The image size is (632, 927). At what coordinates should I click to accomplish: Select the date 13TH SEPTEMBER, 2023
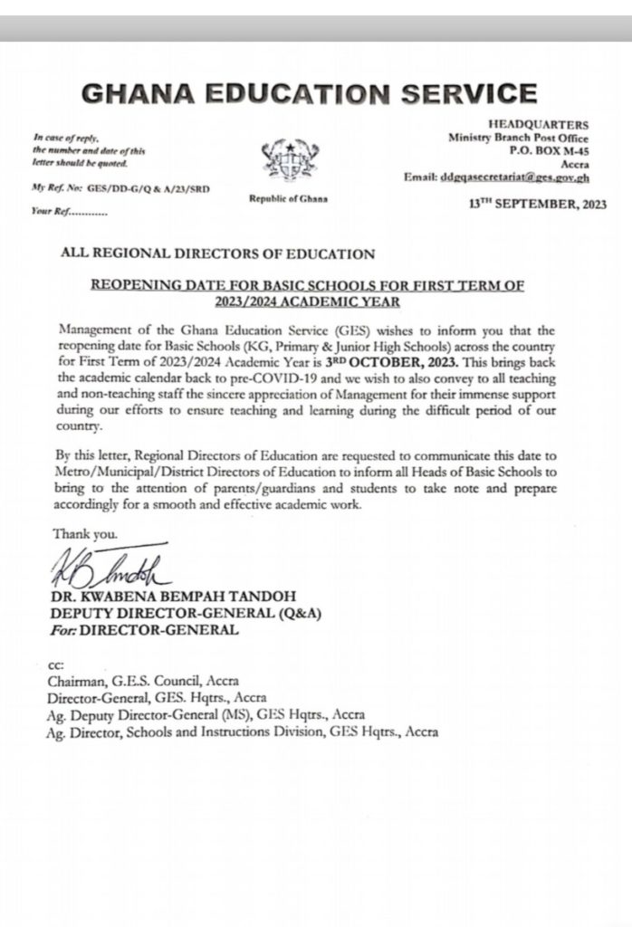538,205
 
